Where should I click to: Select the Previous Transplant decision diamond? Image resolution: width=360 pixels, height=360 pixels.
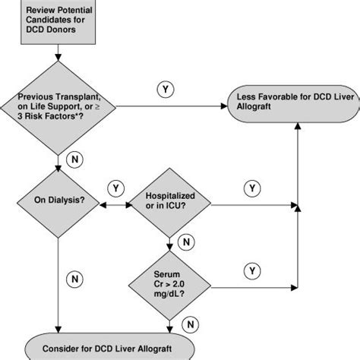click(x=58, y=106)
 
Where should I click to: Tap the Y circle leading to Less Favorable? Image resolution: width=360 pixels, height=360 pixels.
click(x=165, y=90)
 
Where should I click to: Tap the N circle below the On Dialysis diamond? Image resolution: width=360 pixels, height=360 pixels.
click(x=75, y=279)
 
